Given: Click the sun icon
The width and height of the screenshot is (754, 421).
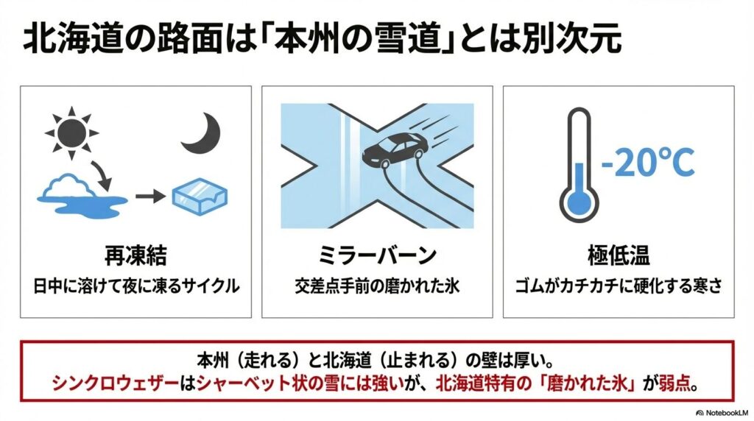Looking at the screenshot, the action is [71, 132].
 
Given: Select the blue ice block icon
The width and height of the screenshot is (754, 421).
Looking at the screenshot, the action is [200, 196].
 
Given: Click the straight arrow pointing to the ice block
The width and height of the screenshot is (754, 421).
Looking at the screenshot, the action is [150, 196].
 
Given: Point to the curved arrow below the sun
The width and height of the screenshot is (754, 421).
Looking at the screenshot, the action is [103, 176].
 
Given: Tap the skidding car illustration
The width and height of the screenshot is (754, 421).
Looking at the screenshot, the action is [395, 148].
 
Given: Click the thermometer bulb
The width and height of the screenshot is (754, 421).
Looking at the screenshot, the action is [579, 202].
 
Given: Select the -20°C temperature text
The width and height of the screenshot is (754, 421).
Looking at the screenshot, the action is [648, 162].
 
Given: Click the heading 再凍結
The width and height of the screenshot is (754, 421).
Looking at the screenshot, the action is [135, 255].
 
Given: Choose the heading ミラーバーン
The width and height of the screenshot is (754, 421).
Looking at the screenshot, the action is [378, 255].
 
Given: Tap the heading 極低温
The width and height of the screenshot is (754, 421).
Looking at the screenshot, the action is [619, 255].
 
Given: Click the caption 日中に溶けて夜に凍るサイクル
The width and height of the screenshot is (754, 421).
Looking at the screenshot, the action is [136, 286].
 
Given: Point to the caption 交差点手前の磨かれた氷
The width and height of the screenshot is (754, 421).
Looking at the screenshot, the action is [378, 286].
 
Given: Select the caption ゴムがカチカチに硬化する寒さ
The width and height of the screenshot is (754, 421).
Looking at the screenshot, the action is [619, 286].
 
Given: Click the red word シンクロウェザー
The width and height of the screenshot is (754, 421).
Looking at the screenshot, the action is [115, 383].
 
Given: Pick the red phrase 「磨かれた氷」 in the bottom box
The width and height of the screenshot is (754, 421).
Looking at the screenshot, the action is [587, 383].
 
